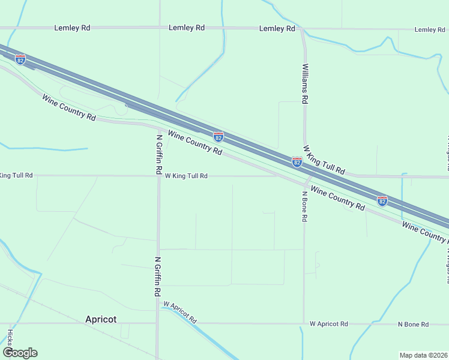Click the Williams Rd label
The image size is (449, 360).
pos(306,84)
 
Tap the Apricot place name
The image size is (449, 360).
pos(101,319)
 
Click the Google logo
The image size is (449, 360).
pos(20,353)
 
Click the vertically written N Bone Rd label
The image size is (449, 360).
pos(304,207)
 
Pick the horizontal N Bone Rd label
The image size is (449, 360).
pos(413,324)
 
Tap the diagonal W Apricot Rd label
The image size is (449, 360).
pos(179,313)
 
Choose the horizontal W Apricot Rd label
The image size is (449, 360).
pos(329,324)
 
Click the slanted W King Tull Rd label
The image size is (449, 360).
pos(324,160)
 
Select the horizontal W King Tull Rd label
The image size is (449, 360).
pos(186,176)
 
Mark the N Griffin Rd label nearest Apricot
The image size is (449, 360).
pos(158,276)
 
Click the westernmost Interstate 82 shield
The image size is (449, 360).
pos(20,59)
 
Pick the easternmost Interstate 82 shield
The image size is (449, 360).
pos(382,200)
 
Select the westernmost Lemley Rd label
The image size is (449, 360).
pos(72,28)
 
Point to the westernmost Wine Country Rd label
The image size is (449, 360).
pos(69,107)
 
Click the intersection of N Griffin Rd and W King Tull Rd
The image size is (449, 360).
pos(158,176)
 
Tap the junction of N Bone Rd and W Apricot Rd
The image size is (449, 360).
pos(304,323)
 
